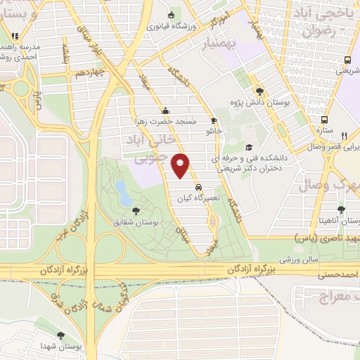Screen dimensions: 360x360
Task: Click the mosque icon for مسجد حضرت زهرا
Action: tap(165, 110)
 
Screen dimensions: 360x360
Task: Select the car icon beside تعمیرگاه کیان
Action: tap(200, 188)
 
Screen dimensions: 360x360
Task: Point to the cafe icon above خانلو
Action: tap(214, 121)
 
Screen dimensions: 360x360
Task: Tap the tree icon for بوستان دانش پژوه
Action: tap(260, 91)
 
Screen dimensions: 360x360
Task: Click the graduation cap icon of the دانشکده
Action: tap(249, 148)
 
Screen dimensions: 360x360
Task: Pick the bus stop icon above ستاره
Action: tap(324, 120)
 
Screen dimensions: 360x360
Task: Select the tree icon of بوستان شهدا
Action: tap(60, 335)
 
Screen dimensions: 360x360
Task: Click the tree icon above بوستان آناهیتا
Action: tap(341, 210)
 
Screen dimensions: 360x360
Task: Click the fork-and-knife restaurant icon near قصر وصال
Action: tap(343, 136)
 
